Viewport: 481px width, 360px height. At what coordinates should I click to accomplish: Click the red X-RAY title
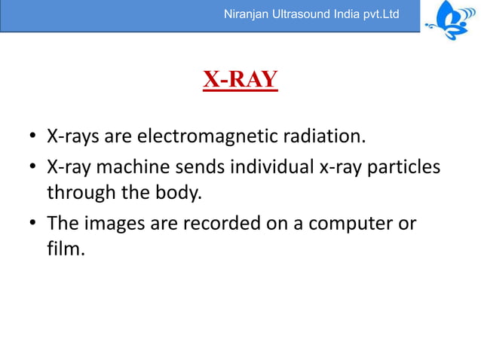(240, 79)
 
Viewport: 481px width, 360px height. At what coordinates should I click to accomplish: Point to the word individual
(260, 166)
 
